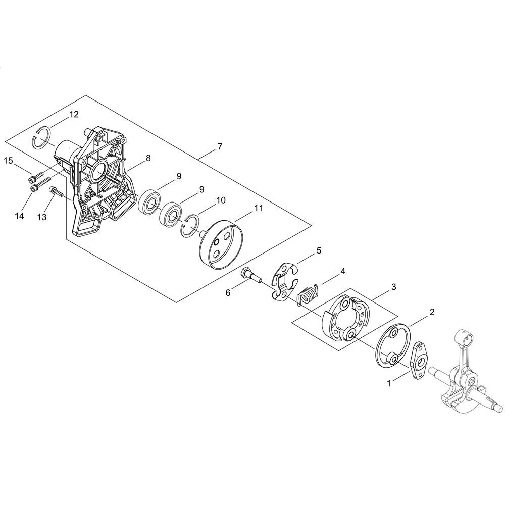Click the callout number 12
(74, 114)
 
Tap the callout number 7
(220, 146)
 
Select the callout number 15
(9, 160)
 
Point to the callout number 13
(42, 217)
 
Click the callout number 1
(389, 383)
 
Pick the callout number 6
(228, 293)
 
